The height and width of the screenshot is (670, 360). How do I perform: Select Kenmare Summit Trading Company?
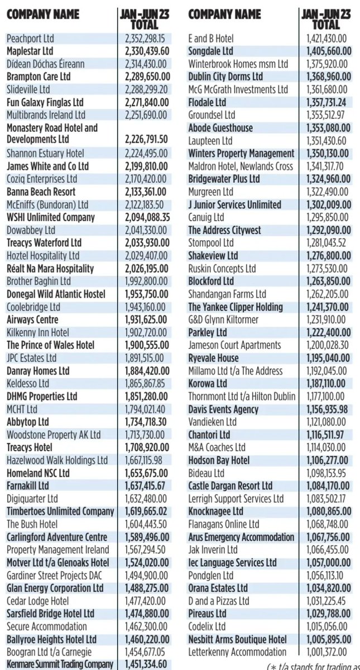60,664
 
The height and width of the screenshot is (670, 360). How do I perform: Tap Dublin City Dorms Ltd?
225,76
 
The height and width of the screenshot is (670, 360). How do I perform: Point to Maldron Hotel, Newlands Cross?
241,166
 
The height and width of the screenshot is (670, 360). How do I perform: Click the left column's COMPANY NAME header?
43,14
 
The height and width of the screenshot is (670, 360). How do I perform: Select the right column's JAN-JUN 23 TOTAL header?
326,19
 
